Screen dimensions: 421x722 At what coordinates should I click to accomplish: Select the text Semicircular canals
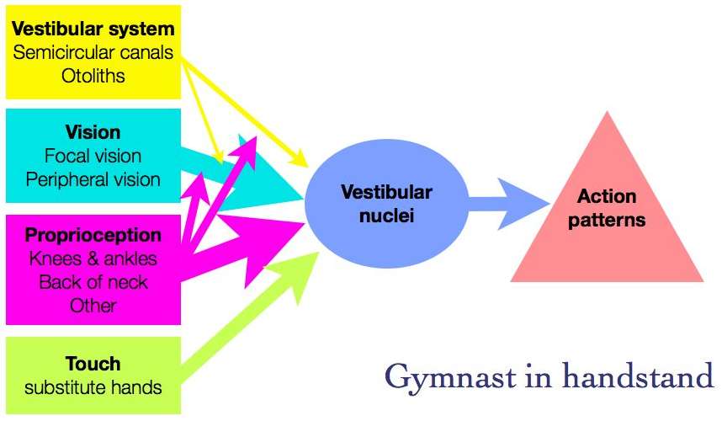click(93, 53)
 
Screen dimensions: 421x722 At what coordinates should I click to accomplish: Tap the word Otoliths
click(93, 76)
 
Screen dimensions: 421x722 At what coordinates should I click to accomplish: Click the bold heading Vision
click(93, 133)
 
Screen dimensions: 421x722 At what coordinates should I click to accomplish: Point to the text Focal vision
click(93, 156)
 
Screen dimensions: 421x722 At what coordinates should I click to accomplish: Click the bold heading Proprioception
click(93, 234)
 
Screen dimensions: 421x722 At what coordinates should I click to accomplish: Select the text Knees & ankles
click(93, 258)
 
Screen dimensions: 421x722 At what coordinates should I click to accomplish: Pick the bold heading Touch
click(93, 365)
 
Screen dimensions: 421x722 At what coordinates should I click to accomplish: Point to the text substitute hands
click(93, 388)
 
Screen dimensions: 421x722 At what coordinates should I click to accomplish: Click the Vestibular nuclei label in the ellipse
click(386, 203)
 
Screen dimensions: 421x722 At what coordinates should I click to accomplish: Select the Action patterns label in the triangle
click(606, 209)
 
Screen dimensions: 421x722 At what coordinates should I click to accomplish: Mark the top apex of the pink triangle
click(606, 112)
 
